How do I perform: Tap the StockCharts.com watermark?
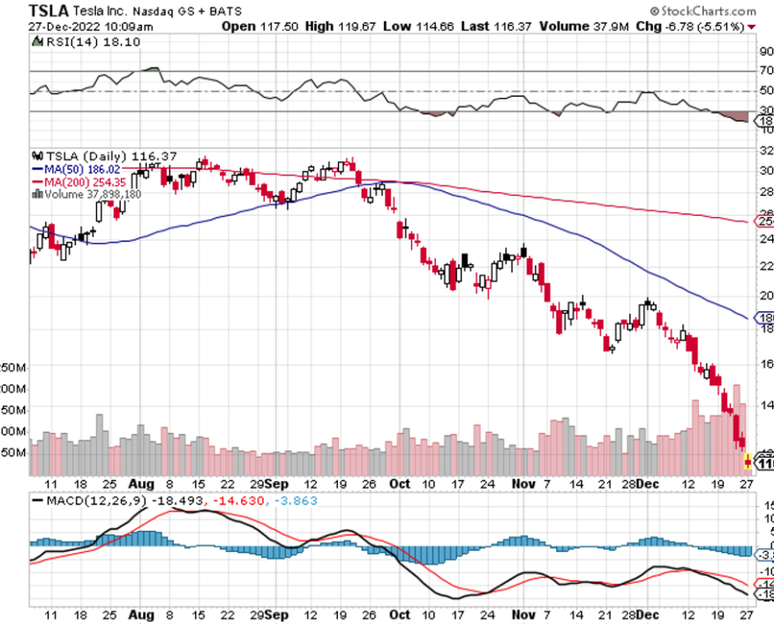(707, 11)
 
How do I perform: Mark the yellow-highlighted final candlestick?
(747, 460)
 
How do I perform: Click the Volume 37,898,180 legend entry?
(92, 193)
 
